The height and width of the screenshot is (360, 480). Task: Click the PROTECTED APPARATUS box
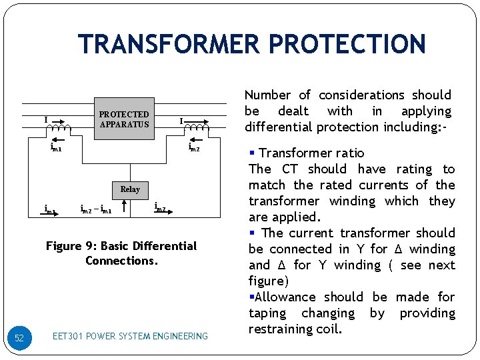pyautogui.click(x=124, y=119)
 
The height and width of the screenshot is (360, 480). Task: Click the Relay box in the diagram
pyautogui.click(x=130, y=189)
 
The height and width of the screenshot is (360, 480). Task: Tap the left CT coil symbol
pyautogui.click(x=61, y=127)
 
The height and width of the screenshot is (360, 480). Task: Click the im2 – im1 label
pyautogui.click(x=96, y=210)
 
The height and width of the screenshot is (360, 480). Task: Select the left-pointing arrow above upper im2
pyautogui.click(x=193, y=140)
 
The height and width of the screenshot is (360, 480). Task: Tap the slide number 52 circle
pyautogui.click(x=19, y=338)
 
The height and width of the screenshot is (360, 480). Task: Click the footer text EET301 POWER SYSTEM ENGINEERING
pyautogui.click(x=130, y=336)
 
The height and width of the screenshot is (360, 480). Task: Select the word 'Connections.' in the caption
pyautogui.click(x=121, y=261)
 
